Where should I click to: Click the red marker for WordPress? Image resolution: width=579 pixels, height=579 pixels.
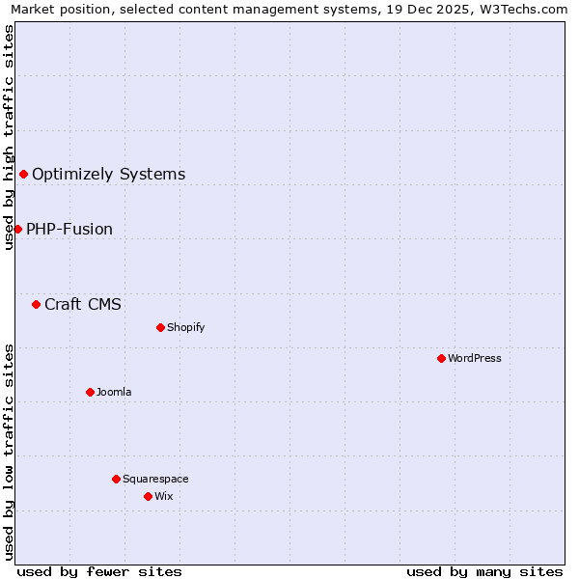click(441, 358)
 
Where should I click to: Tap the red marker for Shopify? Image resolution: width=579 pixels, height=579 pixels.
click(160, 327)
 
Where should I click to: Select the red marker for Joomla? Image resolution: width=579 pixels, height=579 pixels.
click(90, 392)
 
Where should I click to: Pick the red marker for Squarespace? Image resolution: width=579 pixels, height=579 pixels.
click(116, 479)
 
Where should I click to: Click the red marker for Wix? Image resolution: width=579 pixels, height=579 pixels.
click(148, 496)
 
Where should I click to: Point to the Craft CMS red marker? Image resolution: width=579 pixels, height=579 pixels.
click(36, 304)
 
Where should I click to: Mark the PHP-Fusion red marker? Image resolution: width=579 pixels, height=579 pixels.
click(17, 229)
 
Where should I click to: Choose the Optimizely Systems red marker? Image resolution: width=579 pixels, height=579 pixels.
click(23, 174)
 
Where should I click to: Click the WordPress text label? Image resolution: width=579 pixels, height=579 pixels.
click(475, 358)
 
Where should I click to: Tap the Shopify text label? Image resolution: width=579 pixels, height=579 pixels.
click(186, 327)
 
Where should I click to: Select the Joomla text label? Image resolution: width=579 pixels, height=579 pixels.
click(114, 392)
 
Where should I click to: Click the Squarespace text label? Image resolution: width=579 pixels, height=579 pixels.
click(155, 479)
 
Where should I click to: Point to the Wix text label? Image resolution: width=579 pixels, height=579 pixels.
click(164, 496)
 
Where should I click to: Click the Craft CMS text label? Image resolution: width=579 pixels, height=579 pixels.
click(83, 304)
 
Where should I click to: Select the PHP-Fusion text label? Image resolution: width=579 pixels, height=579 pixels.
click(69, 229)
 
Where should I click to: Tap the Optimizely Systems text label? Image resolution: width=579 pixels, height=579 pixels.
click(109, 174)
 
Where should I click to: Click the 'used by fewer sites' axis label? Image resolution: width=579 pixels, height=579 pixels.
click(99, 571)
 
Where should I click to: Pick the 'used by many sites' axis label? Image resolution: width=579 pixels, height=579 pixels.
click(484, 571)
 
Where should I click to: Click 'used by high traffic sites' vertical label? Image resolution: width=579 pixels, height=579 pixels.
click(9, 137)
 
